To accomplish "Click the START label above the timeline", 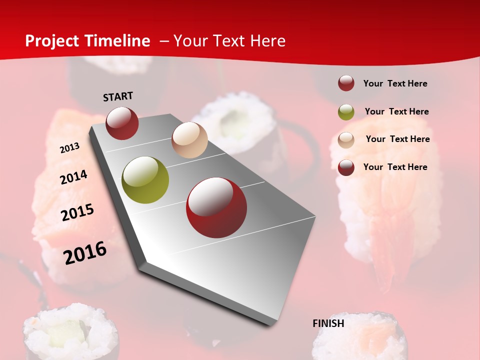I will point(118,96).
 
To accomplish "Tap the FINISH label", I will point(328,323).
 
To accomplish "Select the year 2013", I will point(69,148).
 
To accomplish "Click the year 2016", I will point(85,253).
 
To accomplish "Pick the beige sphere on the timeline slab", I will point(189,140).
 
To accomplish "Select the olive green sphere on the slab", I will point(145,180).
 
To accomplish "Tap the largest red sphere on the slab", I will point(216,207).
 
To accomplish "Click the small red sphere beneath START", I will point(122,123).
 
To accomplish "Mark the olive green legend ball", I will point(346,112).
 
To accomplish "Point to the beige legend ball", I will point(346,139).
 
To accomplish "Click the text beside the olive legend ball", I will point(396,111).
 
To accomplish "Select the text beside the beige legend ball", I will point(397,139).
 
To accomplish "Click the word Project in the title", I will point(52,41).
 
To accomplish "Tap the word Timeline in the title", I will point(119,41).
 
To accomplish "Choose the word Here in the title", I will point(267,41).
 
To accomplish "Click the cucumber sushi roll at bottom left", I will point(70,332).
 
